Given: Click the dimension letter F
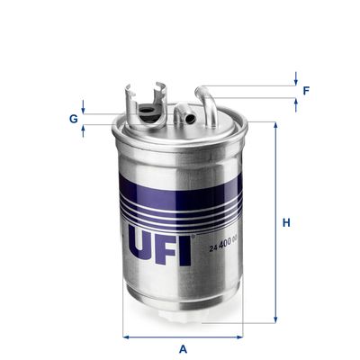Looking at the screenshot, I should [307, 91].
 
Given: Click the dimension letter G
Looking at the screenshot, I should [72, 117].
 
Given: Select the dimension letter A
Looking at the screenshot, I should [183, 347].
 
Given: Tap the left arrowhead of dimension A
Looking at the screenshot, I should [126, 337].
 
